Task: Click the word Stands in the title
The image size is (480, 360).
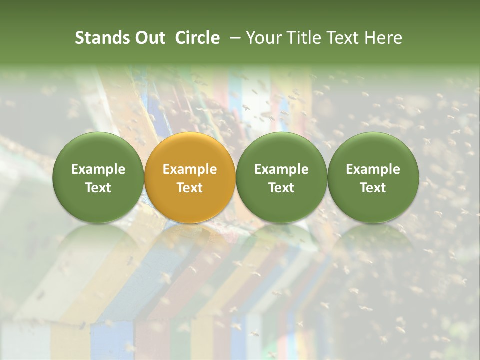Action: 101,38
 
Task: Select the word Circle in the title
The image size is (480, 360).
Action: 197,38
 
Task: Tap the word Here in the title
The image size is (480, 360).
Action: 383,38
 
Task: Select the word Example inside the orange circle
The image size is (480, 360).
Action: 190,169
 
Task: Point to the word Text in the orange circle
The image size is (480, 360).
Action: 190,188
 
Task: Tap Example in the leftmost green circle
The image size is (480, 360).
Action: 98,169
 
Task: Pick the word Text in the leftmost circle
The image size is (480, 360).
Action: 98,188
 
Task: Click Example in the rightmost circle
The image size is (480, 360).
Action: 373,169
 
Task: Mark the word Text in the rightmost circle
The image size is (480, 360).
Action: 373,188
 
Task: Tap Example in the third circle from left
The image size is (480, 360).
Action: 281,169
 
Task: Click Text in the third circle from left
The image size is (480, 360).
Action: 281,188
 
